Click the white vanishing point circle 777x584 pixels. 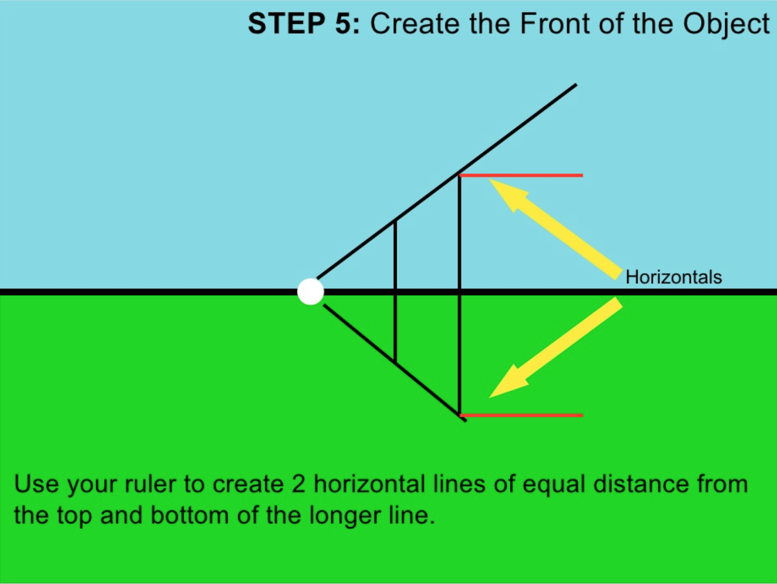click(x=310, y=292)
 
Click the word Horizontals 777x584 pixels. click(x=673, y=277)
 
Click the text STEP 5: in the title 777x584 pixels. click(x=303, y=23)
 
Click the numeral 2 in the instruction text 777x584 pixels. click(x=298, y=485)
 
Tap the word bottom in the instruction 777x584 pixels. click(x=189, y=515)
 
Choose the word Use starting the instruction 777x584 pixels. click(x=37, y=485)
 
